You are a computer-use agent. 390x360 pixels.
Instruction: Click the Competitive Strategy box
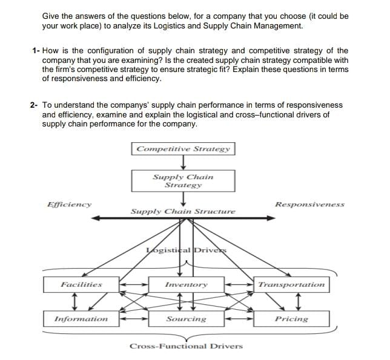point(183,149)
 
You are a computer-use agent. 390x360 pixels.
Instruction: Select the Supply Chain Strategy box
point(183,181)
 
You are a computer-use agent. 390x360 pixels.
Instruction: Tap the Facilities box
point(81,284)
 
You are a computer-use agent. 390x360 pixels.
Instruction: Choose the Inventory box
point(186,284)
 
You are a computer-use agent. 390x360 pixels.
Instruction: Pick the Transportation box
point(291,284)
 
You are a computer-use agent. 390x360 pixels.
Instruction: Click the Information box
point(81,319)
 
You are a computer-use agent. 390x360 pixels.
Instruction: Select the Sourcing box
point(186,319)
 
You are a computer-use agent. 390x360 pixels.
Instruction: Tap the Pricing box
point(291,319)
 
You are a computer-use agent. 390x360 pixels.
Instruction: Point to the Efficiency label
point(69,205)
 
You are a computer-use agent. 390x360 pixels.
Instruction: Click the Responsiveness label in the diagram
point(309,205)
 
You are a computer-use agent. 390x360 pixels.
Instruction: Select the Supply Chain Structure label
point(183,212)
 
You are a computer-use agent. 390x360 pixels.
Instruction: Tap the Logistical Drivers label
point(186,250)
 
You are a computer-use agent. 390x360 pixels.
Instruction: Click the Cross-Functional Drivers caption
point(186,346)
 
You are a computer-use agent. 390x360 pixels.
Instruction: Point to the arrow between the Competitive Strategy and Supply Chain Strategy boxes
point(183,163)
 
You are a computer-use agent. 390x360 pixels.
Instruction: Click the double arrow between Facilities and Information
point(73,301)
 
